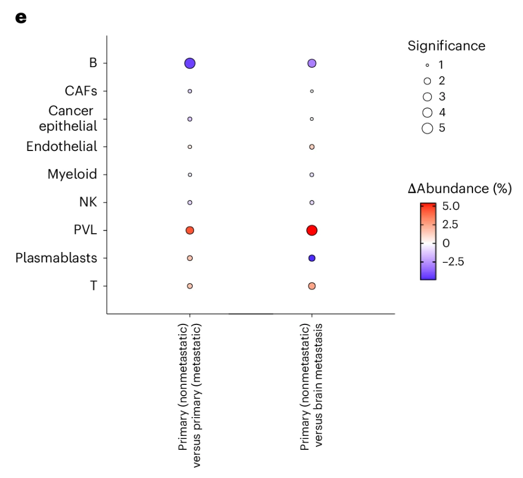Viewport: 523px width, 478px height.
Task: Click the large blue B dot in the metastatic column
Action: pyautogui.click(x=190, y=64)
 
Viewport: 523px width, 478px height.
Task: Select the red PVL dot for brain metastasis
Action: pyautogui.click(x=312, y=230)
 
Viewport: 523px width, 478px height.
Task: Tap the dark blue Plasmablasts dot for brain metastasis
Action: pyautogui.click(x=312, y=258)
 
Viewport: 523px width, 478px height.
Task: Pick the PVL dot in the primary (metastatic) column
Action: pyautogui.click(x=190, y=230)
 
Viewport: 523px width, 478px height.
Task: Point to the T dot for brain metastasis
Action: pyautogui.click(x=312, y=286)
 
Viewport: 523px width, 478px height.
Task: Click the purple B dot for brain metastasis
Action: pyautogui.click(x=312, y=64)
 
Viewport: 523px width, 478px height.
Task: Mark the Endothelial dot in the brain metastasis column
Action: pyautogui.click(x=312, y=147)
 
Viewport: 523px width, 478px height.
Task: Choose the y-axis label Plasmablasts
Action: pyautogui.click(x=56, y=258)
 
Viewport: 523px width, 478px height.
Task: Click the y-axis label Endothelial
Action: pyautogui.click(x=61, y=147)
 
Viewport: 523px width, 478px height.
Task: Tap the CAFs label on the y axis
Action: pyautogui.click(x=81, y=91)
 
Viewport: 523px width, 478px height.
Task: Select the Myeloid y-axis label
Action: pyautogui.click(x=72, y=174)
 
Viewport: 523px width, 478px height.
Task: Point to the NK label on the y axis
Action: pyautogui.click(x=88, y=202)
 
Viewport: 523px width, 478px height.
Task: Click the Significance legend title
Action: pyautogui.click(x=446, y=46)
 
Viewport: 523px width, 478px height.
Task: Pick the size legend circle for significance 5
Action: pyautogui.click(x=428, y=128)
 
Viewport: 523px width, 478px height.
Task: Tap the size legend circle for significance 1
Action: pyautogui.click(x=427, y=66)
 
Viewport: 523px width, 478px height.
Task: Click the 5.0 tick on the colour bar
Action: pyautogui.click(x=451, y=206)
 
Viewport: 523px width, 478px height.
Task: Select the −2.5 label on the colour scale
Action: pyautogui.click(x=452, y=261)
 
